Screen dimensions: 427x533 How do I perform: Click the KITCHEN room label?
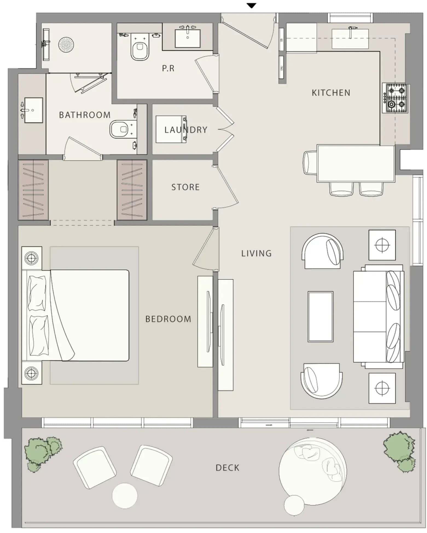pos(331,93)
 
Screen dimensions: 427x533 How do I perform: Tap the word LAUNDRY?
pos(186,130)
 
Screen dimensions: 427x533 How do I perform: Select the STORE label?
pos(185,187)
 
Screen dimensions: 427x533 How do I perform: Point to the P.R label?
pos(168,68)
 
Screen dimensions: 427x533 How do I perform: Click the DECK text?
pos(227,468)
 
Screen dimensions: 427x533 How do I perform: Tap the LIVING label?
pos(256,254)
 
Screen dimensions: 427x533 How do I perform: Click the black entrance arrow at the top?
pos(251,5)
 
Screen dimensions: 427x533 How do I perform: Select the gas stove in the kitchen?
pos(396,98)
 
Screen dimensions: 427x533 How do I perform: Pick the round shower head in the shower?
pos(66,44)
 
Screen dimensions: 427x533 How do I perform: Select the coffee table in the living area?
pos(320,316)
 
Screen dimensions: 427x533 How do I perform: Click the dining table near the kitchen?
pos(356,164)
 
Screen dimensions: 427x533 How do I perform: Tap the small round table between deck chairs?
pos(125,496)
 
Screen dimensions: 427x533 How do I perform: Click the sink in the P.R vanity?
pos(187,39)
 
